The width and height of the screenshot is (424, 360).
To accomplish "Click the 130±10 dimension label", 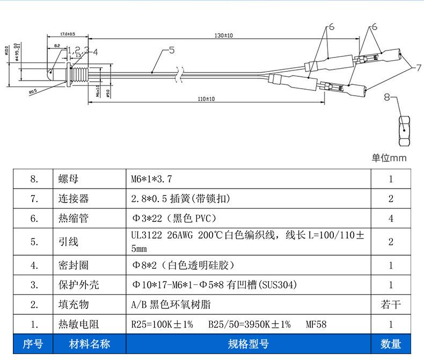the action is click(223, 35).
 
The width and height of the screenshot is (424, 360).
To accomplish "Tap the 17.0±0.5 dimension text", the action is click(67, 33).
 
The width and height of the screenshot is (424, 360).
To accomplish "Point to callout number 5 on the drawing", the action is click(171, 51).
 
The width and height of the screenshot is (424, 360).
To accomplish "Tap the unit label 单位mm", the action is click(389, 158).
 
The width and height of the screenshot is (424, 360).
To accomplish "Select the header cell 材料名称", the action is click(90, 344).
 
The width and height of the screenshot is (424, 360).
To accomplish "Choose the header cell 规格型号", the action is click(248, 344).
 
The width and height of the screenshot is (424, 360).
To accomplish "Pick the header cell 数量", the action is click(391, 344).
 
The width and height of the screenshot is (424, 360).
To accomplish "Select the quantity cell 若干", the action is click(391, 305).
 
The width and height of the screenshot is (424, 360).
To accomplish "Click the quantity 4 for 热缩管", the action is click(391, 219).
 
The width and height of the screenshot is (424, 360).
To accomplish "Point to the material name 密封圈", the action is click(74, 265).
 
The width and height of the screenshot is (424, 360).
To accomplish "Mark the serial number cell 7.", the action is click(34, 199).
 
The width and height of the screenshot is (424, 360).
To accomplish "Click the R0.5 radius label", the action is click(33, 92).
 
